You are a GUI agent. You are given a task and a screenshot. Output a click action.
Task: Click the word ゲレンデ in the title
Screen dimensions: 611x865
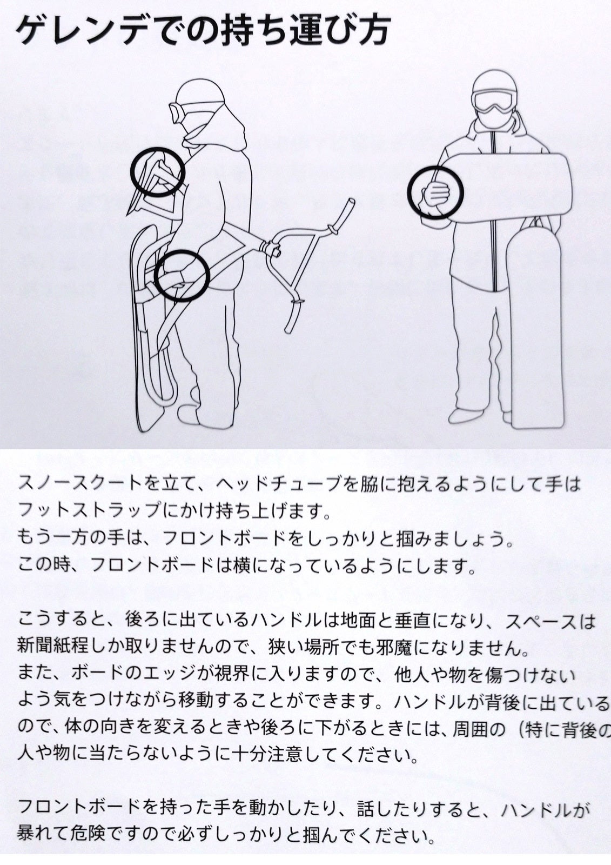pyautogui.click(x=79, y=31)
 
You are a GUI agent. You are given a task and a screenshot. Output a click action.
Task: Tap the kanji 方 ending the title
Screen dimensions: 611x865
pyautogui.click(x=372, y=31)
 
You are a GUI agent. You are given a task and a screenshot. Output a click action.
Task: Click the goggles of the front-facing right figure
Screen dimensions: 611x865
pyautogui.click(x=494, y=100)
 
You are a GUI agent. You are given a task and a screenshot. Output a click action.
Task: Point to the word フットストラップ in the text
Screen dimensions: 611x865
pyautogui.click(x=89, y=510)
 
